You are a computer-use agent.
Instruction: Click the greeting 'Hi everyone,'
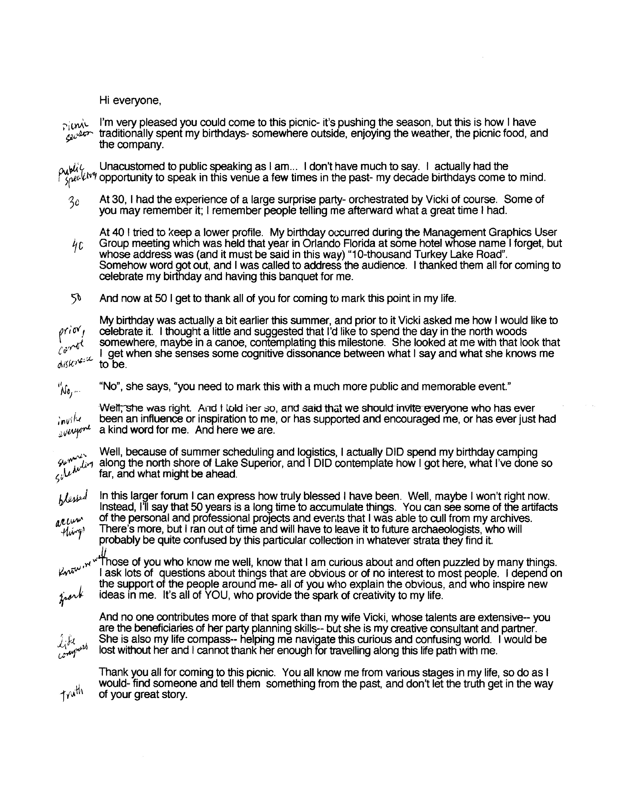[130, 100]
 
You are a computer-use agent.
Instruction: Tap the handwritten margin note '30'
[74, 202]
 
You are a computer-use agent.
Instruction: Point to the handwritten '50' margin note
[76, 298]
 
